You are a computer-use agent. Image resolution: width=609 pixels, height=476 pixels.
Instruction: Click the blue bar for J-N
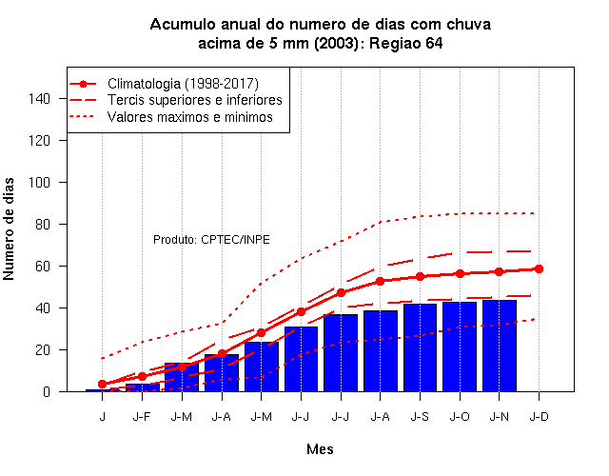coord(500,346)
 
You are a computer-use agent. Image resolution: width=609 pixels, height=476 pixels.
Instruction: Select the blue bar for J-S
coord(420,347)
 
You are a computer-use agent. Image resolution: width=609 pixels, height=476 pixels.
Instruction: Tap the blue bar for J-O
coord(460,347)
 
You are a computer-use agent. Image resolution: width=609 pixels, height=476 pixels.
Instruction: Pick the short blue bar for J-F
coord(142,387)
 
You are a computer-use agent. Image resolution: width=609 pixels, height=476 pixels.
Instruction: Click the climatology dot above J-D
coord(539,268)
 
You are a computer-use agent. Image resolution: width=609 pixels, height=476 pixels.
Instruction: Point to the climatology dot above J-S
coord(420,277)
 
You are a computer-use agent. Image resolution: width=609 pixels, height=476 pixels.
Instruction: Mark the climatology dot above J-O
coord(460,273)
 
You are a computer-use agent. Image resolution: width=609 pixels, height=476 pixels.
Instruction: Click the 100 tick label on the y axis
coord(39,182)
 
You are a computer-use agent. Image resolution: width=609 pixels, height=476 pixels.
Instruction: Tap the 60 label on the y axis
coord(43,267)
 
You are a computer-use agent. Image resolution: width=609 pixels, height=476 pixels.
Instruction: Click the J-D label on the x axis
coord(540,417)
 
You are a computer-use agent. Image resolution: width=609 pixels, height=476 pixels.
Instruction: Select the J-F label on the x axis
coord(142,417)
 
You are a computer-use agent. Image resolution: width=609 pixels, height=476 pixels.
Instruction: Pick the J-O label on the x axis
coord(460,417)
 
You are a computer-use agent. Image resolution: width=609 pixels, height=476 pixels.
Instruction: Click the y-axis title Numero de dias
coord(9,229)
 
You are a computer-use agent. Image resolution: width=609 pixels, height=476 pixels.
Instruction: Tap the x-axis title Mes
coord(320,449)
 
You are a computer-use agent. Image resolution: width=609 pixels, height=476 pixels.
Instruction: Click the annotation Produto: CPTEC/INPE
coord(211,239)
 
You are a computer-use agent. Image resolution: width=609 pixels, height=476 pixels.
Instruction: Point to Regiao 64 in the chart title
coord(406,43)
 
